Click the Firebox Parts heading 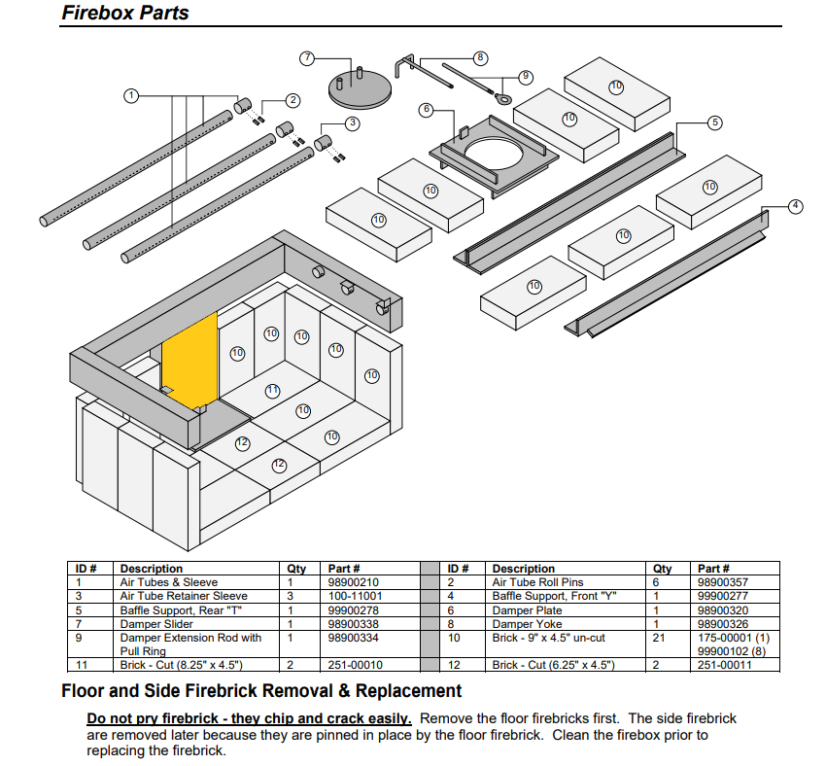coord(125,14)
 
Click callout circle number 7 coord(307,58)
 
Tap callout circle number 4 coord(796,206)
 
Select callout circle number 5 coord(714,122)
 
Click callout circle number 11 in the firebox coord(273,391)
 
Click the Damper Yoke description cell coord(527,624)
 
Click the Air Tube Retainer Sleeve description coord(184,596)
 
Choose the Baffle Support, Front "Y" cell coord(542,596)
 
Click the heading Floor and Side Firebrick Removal coord(261,691)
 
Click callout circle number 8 coord(480,57)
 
